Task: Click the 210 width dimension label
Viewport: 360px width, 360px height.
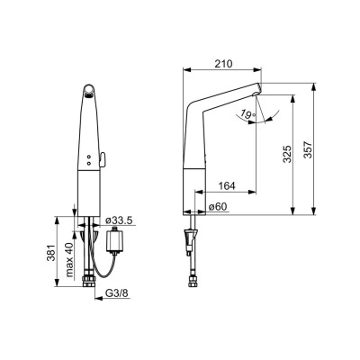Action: coord(223,64)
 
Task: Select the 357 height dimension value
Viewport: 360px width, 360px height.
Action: coord(308,149)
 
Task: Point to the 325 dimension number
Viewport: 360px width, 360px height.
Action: coord(287,154)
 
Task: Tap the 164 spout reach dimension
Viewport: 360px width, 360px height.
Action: coord(227,186)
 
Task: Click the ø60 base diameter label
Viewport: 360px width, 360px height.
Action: coord(218,207)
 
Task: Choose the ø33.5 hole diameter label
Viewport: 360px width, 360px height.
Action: coord(119,220)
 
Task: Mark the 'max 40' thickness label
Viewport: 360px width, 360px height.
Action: coord(70,259)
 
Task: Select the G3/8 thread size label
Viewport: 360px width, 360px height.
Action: coord(117,293)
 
